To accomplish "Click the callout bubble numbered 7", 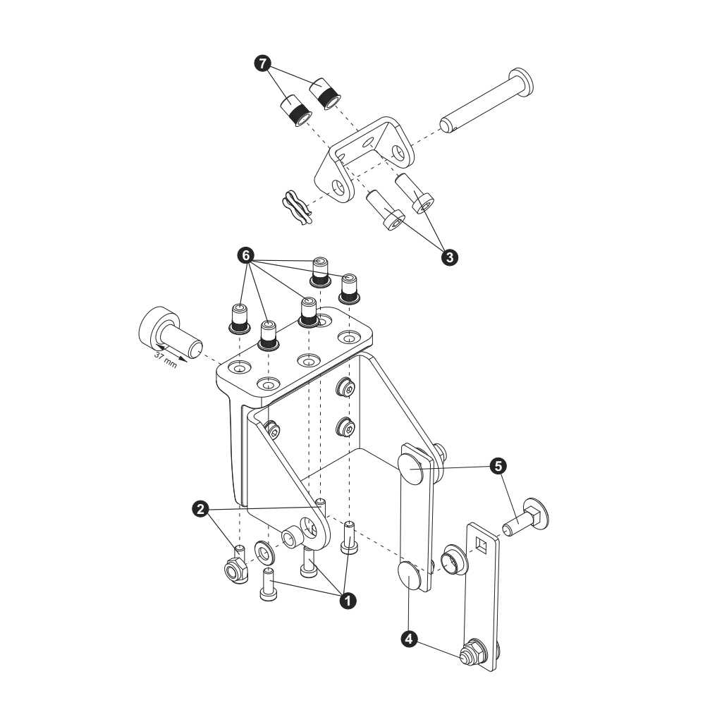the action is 262,63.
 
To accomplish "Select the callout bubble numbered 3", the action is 450,257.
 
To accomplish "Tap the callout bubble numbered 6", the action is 246,256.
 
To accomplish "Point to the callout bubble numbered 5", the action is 498,466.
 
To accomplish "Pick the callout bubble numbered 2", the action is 200,510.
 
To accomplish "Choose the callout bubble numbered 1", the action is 348,601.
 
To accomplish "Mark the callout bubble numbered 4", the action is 409,639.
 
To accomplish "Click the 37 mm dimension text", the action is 166,360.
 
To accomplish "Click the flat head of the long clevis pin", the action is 521,82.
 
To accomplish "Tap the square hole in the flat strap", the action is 481,546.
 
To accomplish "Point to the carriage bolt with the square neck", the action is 525,517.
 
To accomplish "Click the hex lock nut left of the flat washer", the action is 236,571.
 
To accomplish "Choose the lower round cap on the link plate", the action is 409,576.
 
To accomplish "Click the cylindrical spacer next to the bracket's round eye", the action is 292,534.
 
